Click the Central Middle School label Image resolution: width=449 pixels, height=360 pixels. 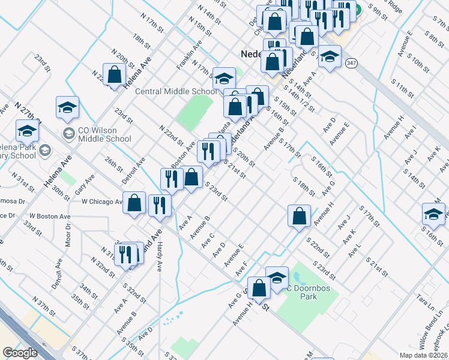click(176, 92)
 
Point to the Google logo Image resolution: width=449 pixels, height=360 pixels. click(20, 353)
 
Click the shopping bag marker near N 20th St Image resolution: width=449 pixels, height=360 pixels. click(114, 75)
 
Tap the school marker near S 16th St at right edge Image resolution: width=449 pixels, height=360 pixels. click(434, 214)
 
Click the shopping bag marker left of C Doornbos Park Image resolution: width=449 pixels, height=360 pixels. click(259, 288)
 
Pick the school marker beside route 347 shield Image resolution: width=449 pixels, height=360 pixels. click(329, 57)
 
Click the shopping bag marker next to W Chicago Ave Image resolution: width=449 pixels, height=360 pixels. click(134, 203)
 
